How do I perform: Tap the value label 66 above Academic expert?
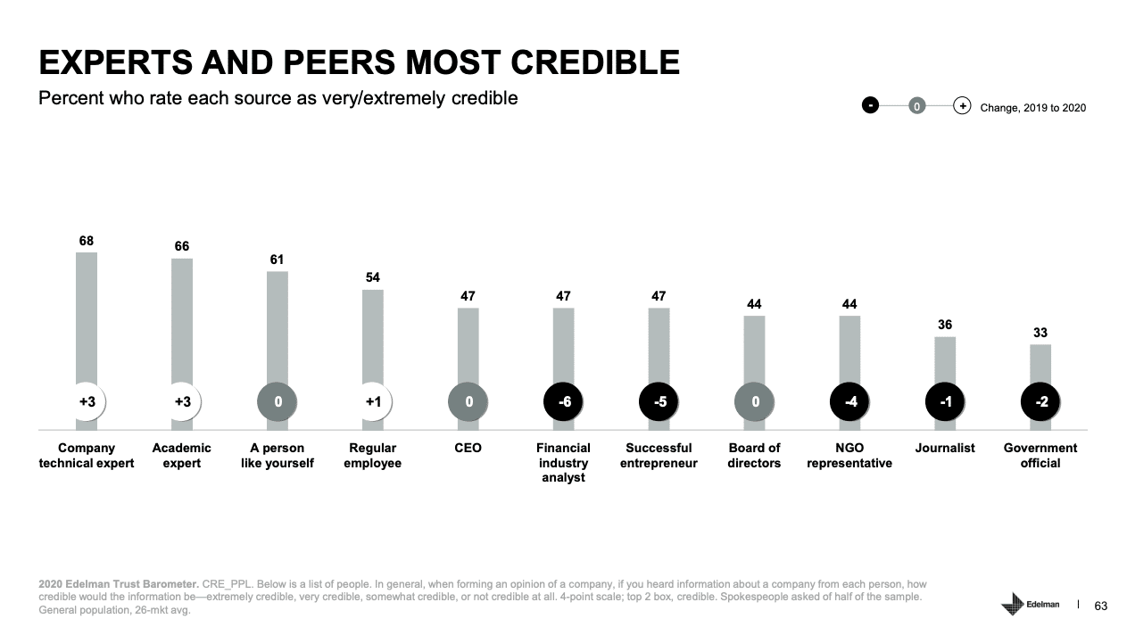pos(182,246)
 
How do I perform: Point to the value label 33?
pos(1040,333)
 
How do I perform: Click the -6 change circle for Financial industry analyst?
pos(564,402)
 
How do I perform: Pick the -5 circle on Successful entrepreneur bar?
pos(659,402)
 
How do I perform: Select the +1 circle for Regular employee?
pos(373,402)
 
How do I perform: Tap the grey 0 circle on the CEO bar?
pos(468,402)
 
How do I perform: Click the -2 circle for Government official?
pos(1040,402)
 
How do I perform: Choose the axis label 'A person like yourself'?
pos(278,455)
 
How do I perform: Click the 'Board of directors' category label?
pos(754,455)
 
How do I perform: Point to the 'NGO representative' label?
pos(849,455)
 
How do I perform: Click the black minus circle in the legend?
pos(870,106)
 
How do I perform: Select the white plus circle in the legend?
pos(962,106)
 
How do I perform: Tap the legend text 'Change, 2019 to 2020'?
pos(1032,107)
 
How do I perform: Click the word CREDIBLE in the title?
pos(594,62)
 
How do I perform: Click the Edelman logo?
pos(1031,604)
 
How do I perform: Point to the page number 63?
pos(1100,606)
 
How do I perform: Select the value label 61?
pos(278,260)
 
